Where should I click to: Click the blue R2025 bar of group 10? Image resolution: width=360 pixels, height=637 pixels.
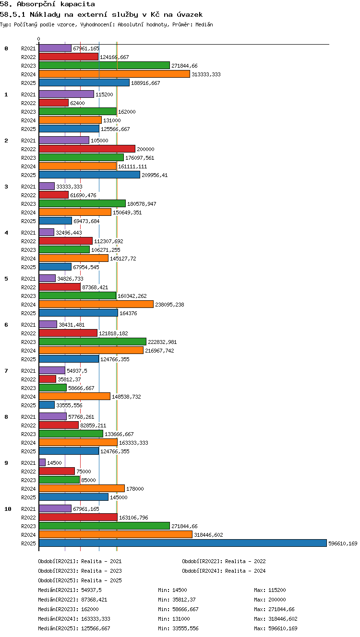point(183,543)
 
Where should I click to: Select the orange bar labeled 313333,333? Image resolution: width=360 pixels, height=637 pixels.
point(114,74)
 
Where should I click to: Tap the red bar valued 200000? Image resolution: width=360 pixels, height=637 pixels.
point(87,149)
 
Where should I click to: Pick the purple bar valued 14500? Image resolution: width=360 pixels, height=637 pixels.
point(42,462)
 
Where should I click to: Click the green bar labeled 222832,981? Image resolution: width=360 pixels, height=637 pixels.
point(93,342)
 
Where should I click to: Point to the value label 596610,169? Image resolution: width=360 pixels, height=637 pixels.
point(343,543)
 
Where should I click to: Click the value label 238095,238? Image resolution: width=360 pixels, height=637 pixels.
point(169,305)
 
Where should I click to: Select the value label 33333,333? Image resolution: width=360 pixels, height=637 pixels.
point(69,187)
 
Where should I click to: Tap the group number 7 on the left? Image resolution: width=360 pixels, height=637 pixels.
point(6,370)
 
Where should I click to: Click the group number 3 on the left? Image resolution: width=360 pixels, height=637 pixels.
point(6,187)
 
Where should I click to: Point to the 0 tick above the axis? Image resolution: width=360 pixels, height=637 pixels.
point(39,39)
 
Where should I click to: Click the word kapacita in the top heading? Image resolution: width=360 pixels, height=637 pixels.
point(77,4)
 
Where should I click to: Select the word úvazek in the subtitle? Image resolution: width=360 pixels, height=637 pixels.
point(190,14)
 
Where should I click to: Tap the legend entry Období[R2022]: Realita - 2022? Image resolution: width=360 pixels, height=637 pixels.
point(224,561)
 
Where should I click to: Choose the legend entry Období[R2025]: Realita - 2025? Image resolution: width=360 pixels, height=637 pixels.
point(80,580)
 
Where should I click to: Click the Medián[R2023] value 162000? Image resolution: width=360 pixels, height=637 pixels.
point(90,609)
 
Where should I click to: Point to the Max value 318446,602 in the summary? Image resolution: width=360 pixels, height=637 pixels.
point(283,619)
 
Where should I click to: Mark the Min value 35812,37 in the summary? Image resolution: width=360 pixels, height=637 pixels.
point(184,600)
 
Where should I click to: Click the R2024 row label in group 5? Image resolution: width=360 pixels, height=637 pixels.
point(28,305)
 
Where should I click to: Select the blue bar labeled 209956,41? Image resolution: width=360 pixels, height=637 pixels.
point(89,175)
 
